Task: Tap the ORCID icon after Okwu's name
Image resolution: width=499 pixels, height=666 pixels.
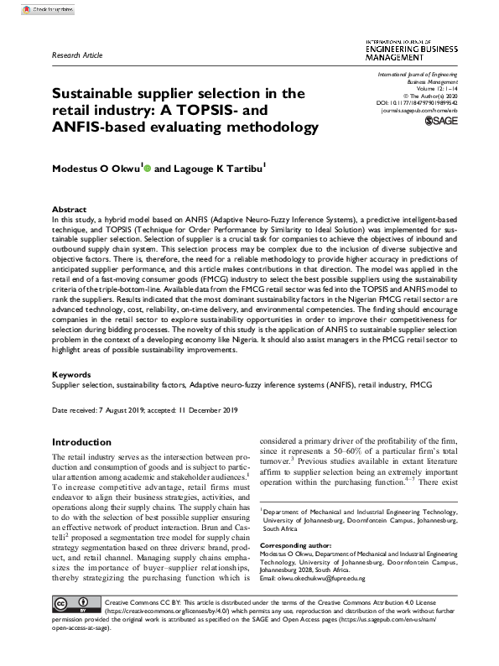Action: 148,168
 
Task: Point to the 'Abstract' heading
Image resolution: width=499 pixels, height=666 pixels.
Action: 70,209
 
